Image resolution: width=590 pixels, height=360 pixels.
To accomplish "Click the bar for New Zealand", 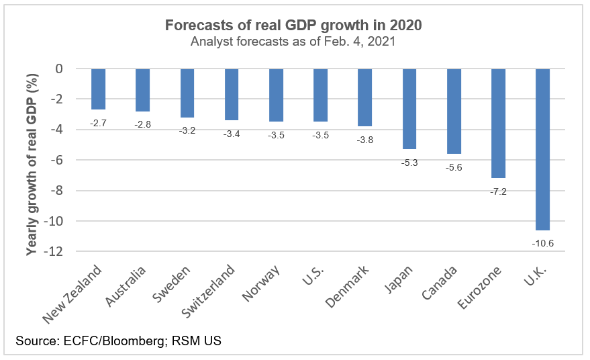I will coord(99,89).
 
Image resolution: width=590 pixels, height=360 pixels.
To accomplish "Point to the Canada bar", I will coord(454,111).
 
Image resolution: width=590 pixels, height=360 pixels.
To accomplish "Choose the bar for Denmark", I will coord(364,97).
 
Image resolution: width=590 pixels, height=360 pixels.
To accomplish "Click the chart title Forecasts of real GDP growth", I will coord(293,26).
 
